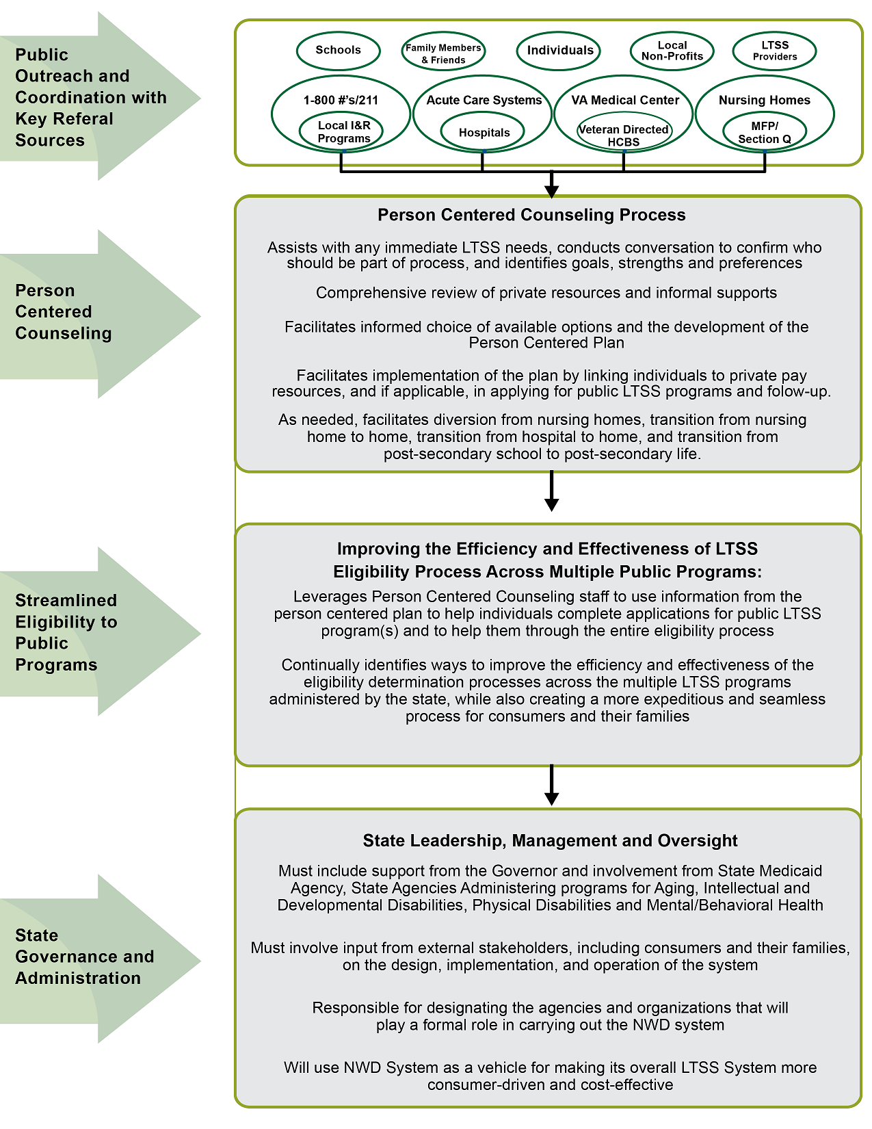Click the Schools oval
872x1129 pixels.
click(x=338, y=50)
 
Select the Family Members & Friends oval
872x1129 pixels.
click(x=443, y=53)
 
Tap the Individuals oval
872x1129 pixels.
click(x=559, y=50)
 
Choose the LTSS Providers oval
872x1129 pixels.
click(x=774, y=51)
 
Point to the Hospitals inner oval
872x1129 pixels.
click(x=484, y=133)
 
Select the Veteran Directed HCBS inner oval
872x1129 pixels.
click(x=624, y=135)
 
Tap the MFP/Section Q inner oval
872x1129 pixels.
click(x=764, y=133)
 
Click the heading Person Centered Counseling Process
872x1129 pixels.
click(x=531, y=215)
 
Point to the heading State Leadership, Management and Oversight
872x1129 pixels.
click(x=550, y=840)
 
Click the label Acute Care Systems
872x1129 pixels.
click(x=484, y=100)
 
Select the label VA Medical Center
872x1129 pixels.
click(x=625, y=100)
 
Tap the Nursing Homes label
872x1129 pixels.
click(x=764, y=100)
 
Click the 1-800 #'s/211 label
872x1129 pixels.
click(x=341, y=100)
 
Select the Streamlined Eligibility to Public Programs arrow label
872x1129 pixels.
click(x=66, y=632)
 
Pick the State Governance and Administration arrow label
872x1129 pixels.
click(x=84, y=957)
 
